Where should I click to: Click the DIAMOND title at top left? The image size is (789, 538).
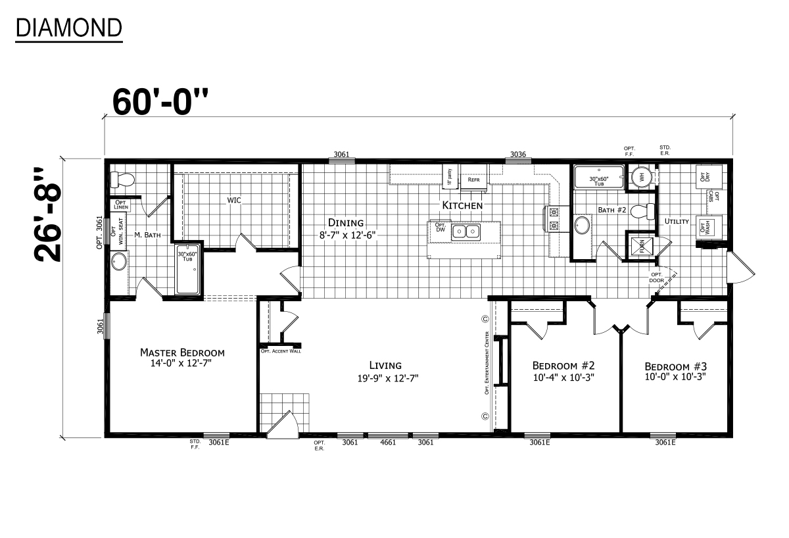[x=68, y=28]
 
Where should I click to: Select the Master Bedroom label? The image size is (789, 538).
[x=182, y=353]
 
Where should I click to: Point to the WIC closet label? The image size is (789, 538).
[x=235, y=199]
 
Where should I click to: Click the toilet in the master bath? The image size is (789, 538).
[x=122, y=179]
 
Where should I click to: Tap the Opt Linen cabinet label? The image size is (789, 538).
[x=122, y=205]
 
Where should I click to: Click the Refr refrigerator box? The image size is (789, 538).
[x=473, y=179]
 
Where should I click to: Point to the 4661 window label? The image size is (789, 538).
[x=388, y=443]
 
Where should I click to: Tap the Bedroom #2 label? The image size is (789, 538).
[x=563, y=366]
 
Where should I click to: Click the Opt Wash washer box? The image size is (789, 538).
[x=706, y=226]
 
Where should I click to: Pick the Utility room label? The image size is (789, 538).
[x=676, y=222]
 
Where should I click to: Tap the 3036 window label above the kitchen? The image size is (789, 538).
[x=517, y=155]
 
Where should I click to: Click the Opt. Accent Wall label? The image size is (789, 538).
[x=281, y=351]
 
